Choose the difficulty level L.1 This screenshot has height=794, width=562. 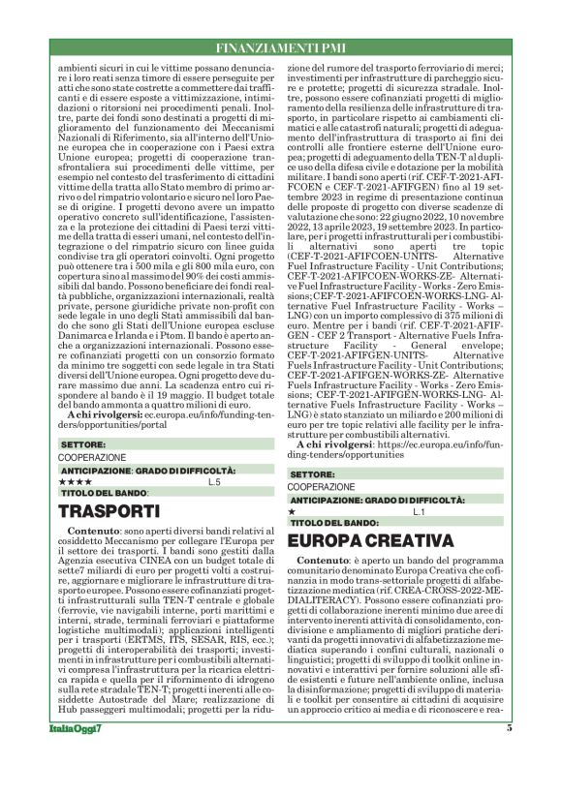point(419,510)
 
